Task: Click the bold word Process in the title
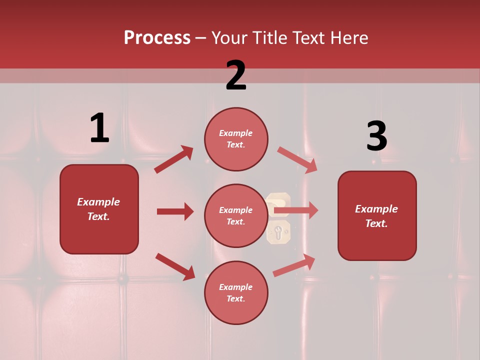pyautogui.click(x=157, y=38)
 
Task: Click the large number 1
pyautogui.click(x=99, y=128)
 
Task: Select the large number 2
pyautogui.click(x=236, y=75)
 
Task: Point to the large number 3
pyautogui.click(x=376, y=136)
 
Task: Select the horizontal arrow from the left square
pyautogui.click(x=175, y=211)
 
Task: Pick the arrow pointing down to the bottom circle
pyautogui.click(x=175, y=266)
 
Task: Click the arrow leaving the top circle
pyautogui.click(x=297, y=159)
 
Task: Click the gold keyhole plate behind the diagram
pyautogui.click(x=278, y=231)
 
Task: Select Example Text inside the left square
pyautogui.click(x=98, y=209)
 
